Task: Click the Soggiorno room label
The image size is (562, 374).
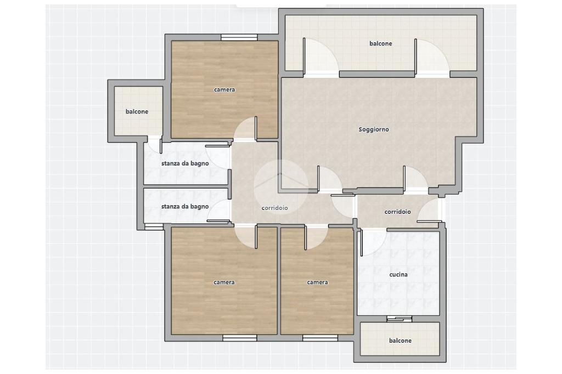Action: click(373, 129)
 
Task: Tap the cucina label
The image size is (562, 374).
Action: click(398, 274)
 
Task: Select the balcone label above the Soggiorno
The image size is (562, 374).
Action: click(381, 43)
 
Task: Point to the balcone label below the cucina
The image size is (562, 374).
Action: click(400, 341)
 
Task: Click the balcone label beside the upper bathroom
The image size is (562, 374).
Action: click(137, 111)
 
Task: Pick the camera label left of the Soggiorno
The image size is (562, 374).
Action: click(224, 89)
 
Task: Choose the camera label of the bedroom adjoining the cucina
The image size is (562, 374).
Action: click(317, 282)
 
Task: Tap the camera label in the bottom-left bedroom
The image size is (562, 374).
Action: click(224, 282)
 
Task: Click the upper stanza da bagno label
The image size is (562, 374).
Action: click(185, 163)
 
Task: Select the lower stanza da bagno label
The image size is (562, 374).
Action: click(185, 206)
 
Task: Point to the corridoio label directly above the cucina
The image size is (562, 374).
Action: click(397, 212)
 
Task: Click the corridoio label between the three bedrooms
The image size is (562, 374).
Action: click(274, 208)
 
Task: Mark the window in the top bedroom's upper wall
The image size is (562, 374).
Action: click(239, 37)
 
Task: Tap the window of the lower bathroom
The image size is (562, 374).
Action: click(154, 226)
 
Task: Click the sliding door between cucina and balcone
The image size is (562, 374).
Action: click(400, 319)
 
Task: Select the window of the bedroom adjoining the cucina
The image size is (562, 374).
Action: click(320, 337)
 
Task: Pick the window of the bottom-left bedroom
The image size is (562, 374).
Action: click(239, 337)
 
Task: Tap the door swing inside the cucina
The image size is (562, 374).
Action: click(373, 243)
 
